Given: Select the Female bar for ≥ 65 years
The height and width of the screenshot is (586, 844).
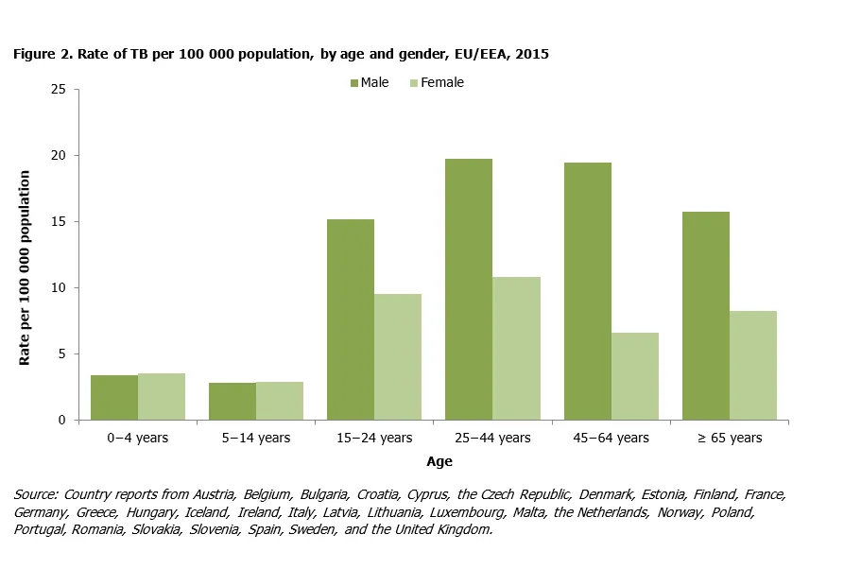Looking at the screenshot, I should pos(753,365).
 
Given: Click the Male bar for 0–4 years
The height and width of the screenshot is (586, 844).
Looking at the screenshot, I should pos(114,397).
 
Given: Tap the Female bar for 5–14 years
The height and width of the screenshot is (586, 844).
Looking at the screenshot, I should pos(280,401).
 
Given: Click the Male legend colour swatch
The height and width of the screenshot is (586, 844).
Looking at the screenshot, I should pos(354,83).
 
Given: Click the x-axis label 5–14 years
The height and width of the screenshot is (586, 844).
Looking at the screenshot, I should pos(256,438).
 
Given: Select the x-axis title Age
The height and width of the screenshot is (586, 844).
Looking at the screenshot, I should pos(439,462).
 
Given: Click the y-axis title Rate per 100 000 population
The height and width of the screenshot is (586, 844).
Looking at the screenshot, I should pos(26,268).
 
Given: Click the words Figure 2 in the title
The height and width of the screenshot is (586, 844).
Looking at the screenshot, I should pos(43,54).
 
